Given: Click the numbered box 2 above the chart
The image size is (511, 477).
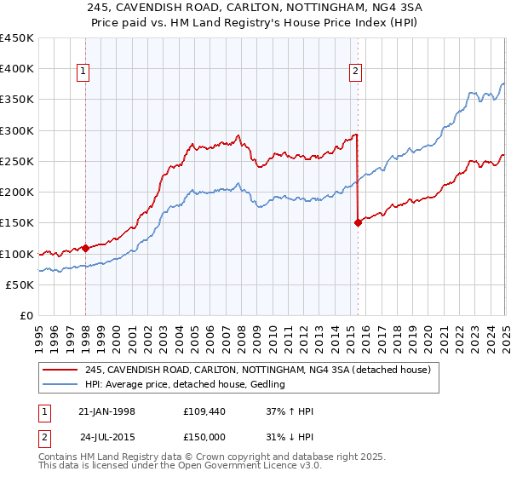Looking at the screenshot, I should [354, 72].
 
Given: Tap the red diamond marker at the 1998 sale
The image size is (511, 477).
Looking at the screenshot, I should [85, 248].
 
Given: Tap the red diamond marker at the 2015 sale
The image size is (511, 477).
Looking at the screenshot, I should [358, 223].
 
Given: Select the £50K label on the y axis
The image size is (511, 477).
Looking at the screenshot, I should [22, 285].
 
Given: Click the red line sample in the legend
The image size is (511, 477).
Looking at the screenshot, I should [60, 370].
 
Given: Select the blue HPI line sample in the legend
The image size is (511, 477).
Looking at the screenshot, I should [60, 385].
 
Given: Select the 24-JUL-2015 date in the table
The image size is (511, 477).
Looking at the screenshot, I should [108, 436].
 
